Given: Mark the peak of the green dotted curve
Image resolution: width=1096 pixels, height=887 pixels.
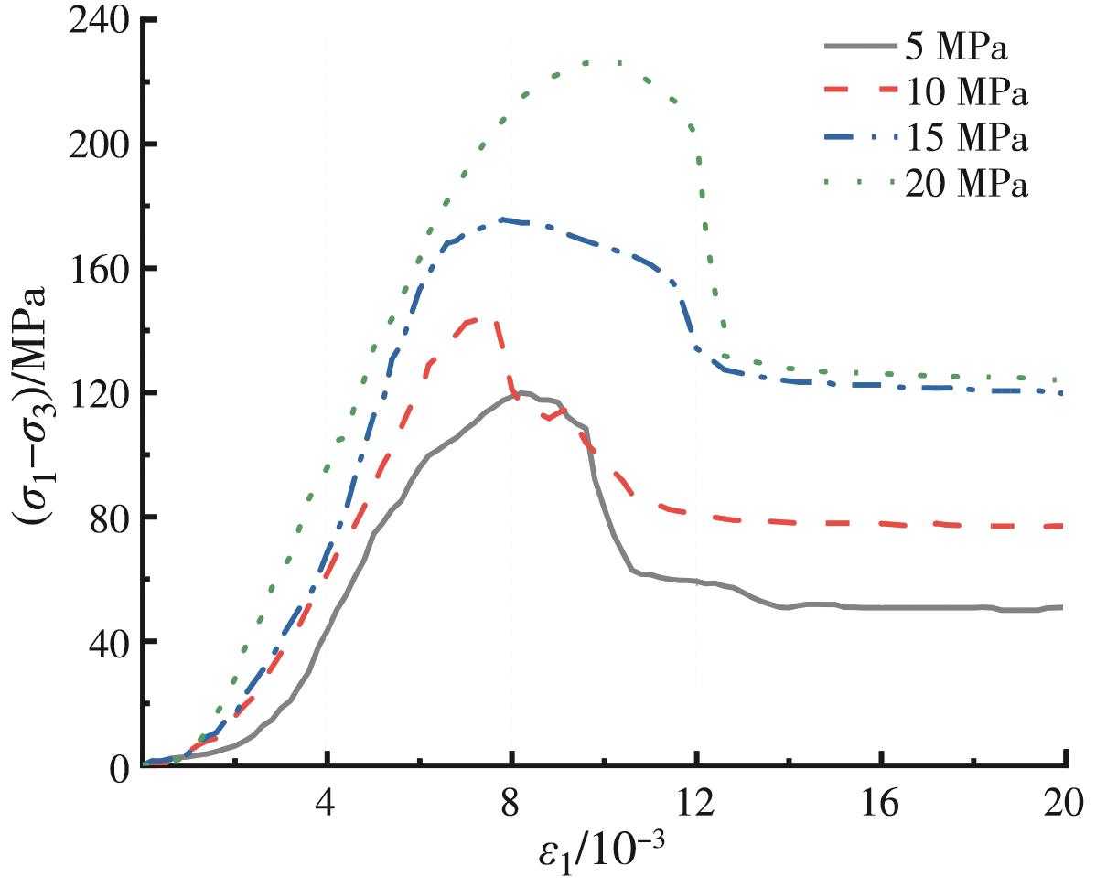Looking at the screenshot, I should tap(604, 62).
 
